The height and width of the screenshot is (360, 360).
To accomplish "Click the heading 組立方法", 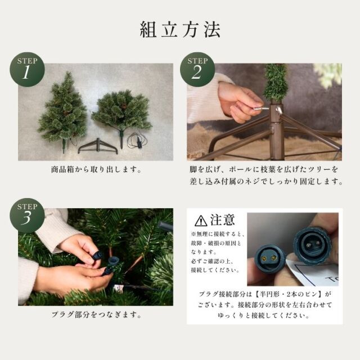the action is point(180,29).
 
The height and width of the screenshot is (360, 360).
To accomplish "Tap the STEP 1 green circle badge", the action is point(27,70).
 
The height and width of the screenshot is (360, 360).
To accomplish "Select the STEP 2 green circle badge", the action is point(197,70).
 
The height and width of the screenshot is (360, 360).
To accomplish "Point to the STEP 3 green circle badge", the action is point(27,215).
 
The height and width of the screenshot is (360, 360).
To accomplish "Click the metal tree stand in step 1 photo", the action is point(98,146).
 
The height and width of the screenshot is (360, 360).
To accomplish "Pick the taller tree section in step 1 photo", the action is point(63,110).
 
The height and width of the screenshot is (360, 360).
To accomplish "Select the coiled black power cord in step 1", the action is point(138,141).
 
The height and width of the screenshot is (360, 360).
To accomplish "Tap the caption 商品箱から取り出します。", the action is point(96,170).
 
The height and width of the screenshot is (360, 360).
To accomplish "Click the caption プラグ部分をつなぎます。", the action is point(96,314).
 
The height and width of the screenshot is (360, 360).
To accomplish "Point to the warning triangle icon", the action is point(201,220).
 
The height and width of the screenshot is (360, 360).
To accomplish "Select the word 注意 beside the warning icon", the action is point(223,220).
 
